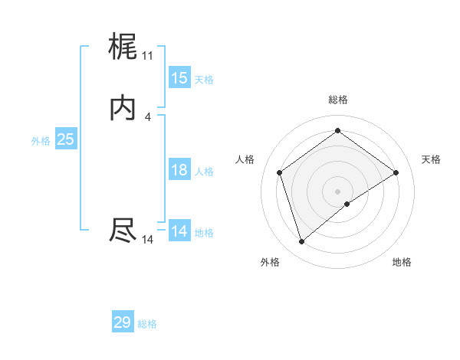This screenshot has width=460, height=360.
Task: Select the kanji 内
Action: tap(123, 109)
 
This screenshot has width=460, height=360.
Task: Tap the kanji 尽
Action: tap(123, 231)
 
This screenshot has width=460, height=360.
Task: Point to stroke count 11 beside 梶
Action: tap(147, 56)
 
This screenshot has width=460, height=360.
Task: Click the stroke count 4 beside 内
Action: tap(147, 116)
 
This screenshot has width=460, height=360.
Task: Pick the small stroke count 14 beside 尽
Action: tap(147, 240)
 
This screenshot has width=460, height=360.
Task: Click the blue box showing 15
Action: tap(179, 78)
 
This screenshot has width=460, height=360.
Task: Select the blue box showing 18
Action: tap(179, 170)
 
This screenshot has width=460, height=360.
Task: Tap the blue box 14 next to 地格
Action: tap(179, 231)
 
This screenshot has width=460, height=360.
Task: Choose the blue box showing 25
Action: tap(65, 139)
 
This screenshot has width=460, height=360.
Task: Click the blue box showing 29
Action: tap(123, 322)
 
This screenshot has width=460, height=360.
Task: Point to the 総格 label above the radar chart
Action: tap(338, 100)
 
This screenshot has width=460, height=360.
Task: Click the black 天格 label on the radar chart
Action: tap(431, 159)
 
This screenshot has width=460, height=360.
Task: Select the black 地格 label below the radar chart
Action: tap(402, 262)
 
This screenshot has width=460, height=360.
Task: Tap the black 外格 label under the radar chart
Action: tap(270, 262)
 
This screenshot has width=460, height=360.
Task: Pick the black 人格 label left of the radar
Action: tap(245, 159)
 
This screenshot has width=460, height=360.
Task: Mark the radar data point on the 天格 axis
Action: tap(396, 172)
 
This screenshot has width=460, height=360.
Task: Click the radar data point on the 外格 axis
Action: tap(301, 242)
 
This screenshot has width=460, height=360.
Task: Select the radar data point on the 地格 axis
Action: tap(347, 204)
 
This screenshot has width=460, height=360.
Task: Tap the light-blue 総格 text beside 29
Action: tap(148, 324)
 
